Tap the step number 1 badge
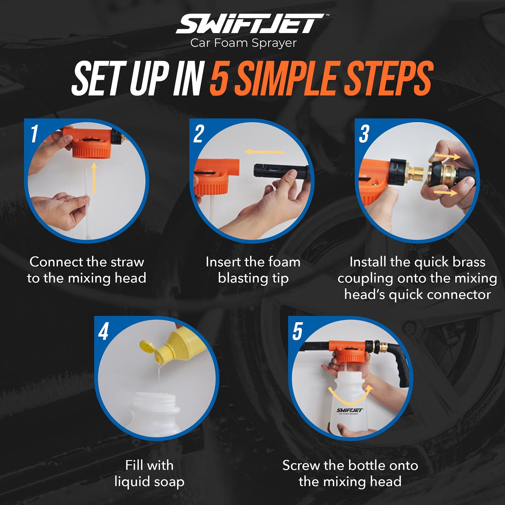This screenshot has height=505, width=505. [34, 134]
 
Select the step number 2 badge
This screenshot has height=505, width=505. [199, 134]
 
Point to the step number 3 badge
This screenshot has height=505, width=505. [364, 134]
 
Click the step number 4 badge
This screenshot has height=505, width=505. [103, 331]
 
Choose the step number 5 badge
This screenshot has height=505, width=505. [297, 331]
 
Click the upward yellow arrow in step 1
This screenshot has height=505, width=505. [94, 177]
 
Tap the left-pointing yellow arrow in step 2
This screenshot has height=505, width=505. [264, 152]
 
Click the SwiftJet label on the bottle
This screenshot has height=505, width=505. [349, 411]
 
